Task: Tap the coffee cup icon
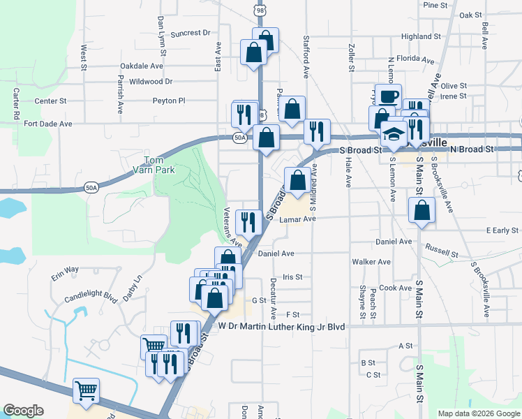pos(390,96)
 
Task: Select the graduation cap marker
pos(394,133)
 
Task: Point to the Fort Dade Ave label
pos(48,124)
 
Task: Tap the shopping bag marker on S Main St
pos(422,209)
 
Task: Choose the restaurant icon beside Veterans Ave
pos(248,222)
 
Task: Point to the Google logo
pos(23,411)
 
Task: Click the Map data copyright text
pos(479,413)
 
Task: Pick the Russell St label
pos(441,250)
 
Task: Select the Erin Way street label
pos(64,272)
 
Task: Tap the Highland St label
pos(421,36)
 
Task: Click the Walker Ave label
pos(371,262)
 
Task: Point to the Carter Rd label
pos(15,103)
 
